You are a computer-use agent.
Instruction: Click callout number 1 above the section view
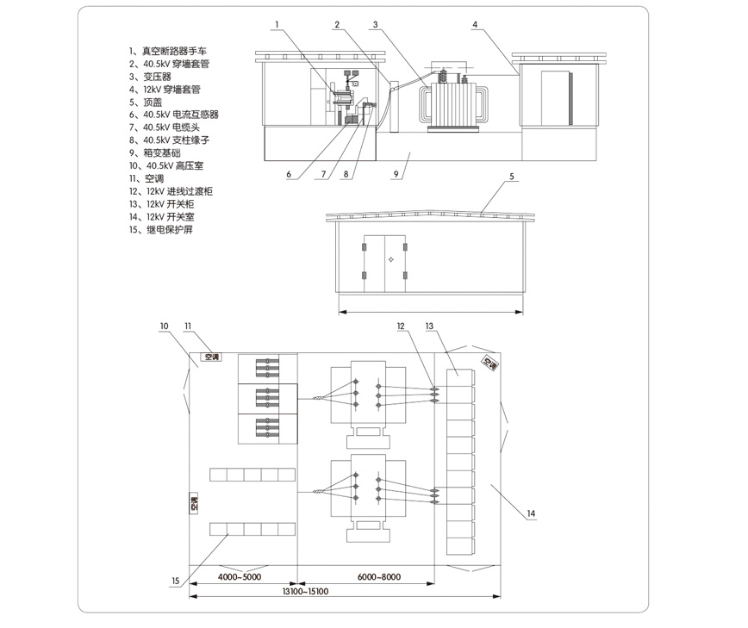[277, 24]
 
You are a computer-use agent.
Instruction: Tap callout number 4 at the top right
[475, 24]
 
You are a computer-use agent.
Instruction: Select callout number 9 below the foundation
[396, 174]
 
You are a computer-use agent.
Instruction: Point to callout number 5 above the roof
[512, 177]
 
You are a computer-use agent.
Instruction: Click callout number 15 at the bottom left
[176, 581]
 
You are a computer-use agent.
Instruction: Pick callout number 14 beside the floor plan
[531, 513]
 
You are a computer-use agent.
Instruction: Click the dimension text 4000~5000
[240, 577]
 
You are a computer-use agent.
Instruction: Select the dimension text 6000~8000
[379, 577]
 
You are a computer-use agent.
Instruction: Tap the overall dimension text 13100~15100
[305, 591]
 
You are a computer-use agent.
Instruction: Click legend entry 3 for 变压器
[150, 77]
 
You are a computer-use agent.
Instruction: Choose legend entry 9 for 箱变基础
[155, 153]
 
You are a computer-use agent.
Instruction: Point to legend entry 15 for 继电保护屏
[161, 230]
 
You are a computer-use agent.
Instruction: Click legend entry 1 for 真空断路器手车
[168, 51]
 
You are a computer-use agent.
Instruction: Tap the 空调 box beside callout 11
[211, 357]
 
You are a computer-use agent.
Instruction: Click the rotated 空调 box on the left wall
[194, 503]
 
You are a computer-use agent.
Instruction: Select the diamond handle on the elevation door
[390, 259]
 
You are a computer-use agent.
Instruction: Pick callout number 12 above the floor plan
[401, 326]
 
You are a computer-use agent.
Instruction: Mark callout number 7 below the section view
[323, 174]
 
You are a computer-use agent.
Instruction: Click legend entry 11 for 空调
[146, 179]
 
